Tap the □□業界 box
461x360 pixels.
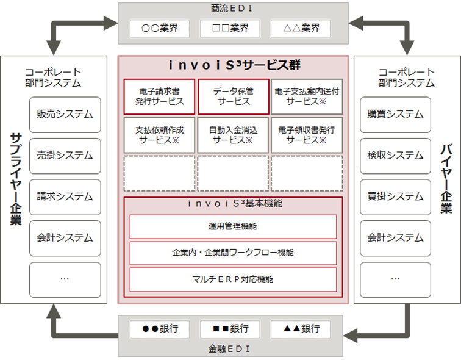(x=230, y=28)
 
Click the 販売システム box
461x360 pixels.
(x=65, y=114)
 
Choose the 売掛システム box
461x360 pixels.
(x=65, y=156)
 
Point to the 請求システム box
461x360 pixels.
(x=65, y=197)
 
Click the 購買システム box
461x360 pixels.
(x=395, y=114)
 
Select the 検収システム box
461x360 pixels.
(x=395, y=156)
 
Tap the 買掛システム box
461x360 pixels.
(x=395, y=197)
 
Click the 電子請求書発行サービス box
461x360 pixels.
(x=160, y=96)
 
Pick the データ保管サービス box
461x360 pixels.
(x=233, y=96)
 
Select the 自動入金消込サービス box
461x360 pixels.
(x=233, y=135)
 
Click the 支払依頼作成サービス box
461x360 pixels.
(x=160, y=135)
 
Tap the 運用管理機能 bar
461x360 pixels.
(x=233, y=226)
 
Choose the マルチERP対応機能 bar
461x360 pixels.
(x=233, y=279)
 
